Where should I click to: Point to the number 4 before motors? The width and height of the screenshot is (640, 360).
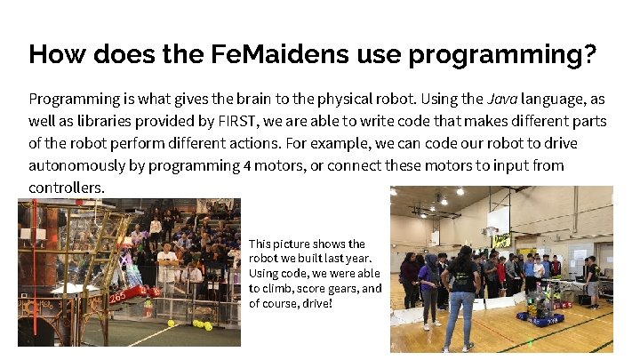pyautogui.click(x=246, y=166)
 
